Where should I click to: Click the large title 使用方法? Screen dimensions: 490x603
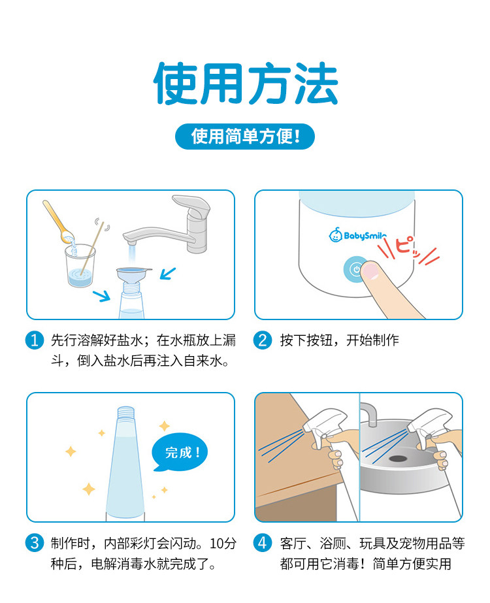(x=246, y=83)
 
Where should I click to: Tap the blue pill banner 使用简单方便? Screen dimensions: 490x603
(x=245, y=137)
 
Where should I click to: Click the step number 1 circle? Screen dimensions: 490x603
(x=35, y=340)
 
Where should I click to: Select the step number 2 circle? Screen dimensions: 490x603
(x=263, y=340)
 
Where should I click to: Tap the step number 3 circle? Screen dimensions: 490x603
(x=35, y=543)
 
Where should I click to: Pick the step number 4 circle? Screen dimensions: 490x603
(x=263, y=543)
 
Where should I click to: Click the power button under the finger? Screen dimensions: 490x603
(x=355, y=269)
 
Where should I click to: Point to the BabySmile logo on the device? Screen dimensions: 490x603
(x=357, y=235)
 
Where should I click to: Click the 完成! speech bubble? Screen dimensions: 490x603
(x=180, y=453)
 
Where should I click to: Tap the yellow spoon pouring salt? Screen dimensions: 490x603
(x=58, y=221)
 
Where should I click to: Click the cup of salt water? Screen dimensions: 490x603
(x=80, y=266)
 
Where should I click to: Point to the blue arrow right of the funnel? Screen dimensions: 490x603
(x=168, y=274)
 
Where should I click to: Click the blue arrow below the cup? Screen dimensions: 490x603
(x=101, y=295)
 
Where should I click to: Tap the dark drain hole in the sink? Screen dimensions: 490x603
(x=398, y=459)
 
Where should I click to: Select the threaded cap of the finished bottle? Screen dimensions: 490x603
(x=126, y=413)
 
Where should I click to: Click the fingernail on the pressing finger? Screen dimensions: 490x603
(x=371, y=270)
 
